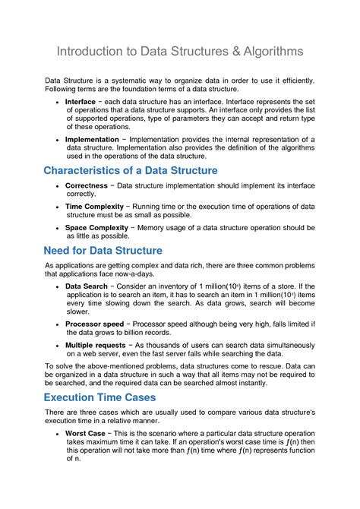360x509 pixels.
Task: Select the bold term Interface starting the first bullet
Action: pyautogui.click(x=81, y=101)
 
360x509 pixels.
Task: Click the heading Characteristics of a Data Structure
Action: pyautogui.click(x=131, y=170)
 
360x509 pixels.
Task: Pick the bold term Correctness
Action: pyautogui.click(x=87, y=185)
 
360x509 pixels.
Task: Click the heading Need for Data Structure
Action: pyautogui.click(x=103, y=251)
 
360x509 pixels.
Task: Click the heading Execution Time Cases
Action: pyautogui.click(x=99, y=397)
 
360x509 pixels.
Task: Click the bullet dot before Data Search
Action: pyautogui.click(x=58, y=287)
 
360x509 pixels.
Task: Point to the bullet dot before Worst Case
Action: pyautogui.click(x=58, y=433)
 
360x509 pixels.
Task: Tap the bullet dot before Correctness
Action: pyautogui.click(x=58, y=186)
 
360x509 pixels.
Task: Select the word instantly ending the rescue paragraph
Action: pyautogui.click(x=248, y=383)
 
